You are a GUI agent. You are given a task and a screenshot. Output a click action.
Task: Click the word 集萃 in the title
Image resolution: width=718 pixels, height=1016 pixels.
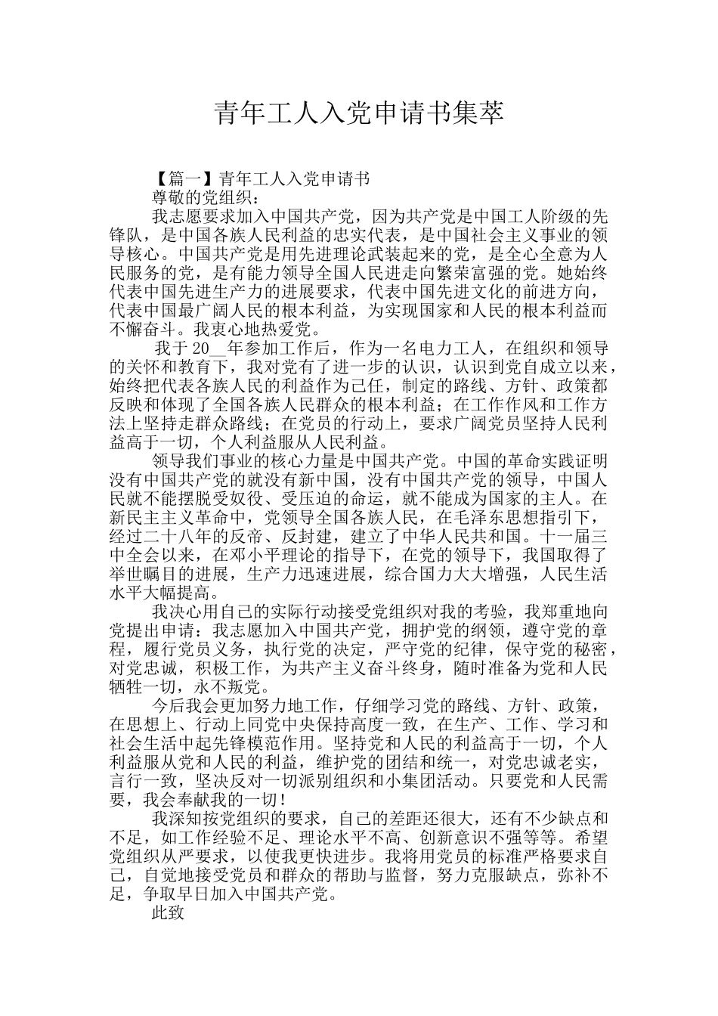coord(478,113)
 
